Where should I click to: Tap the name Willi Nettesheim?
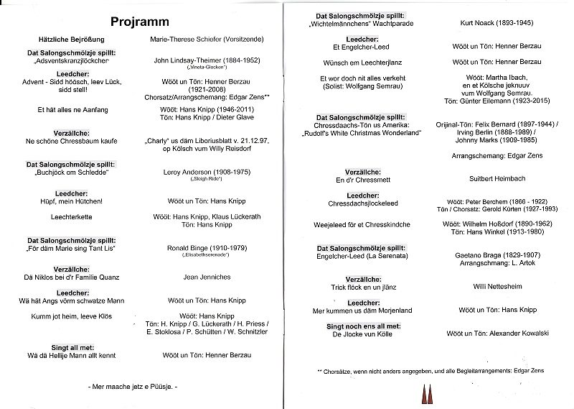[x=479, y=285]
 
